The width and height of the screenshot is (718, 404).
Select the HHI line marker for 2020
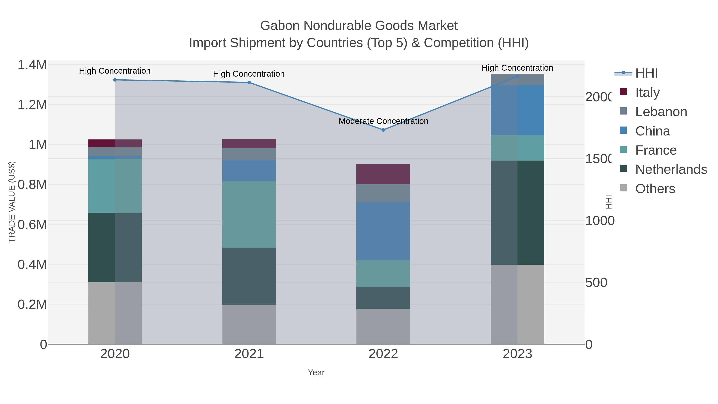(x=115, y=80)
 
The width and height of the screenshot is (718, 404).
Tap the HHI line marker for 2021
(x=249, y=83)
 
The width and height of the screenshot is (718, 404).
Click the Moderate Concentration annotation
(x=383, y=121)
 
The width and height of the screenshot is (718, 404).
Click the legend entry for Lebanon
(x=661, y=112)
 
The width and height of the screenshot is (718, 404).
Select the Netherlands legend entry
(x=671, y=170)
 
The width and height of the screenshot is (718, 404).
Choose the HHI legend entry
(x=646, y=73)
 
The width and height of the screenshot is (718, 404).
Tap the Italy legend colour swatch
(x=623, y=92)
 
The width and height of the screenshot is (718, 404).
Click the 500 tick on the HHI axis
(x=596, y=283)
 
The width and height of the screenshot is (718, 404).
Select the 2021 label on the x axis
(x=249, y=354)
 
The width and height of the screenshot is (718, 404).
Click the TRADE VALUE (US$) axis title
(x=12, y=202)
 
